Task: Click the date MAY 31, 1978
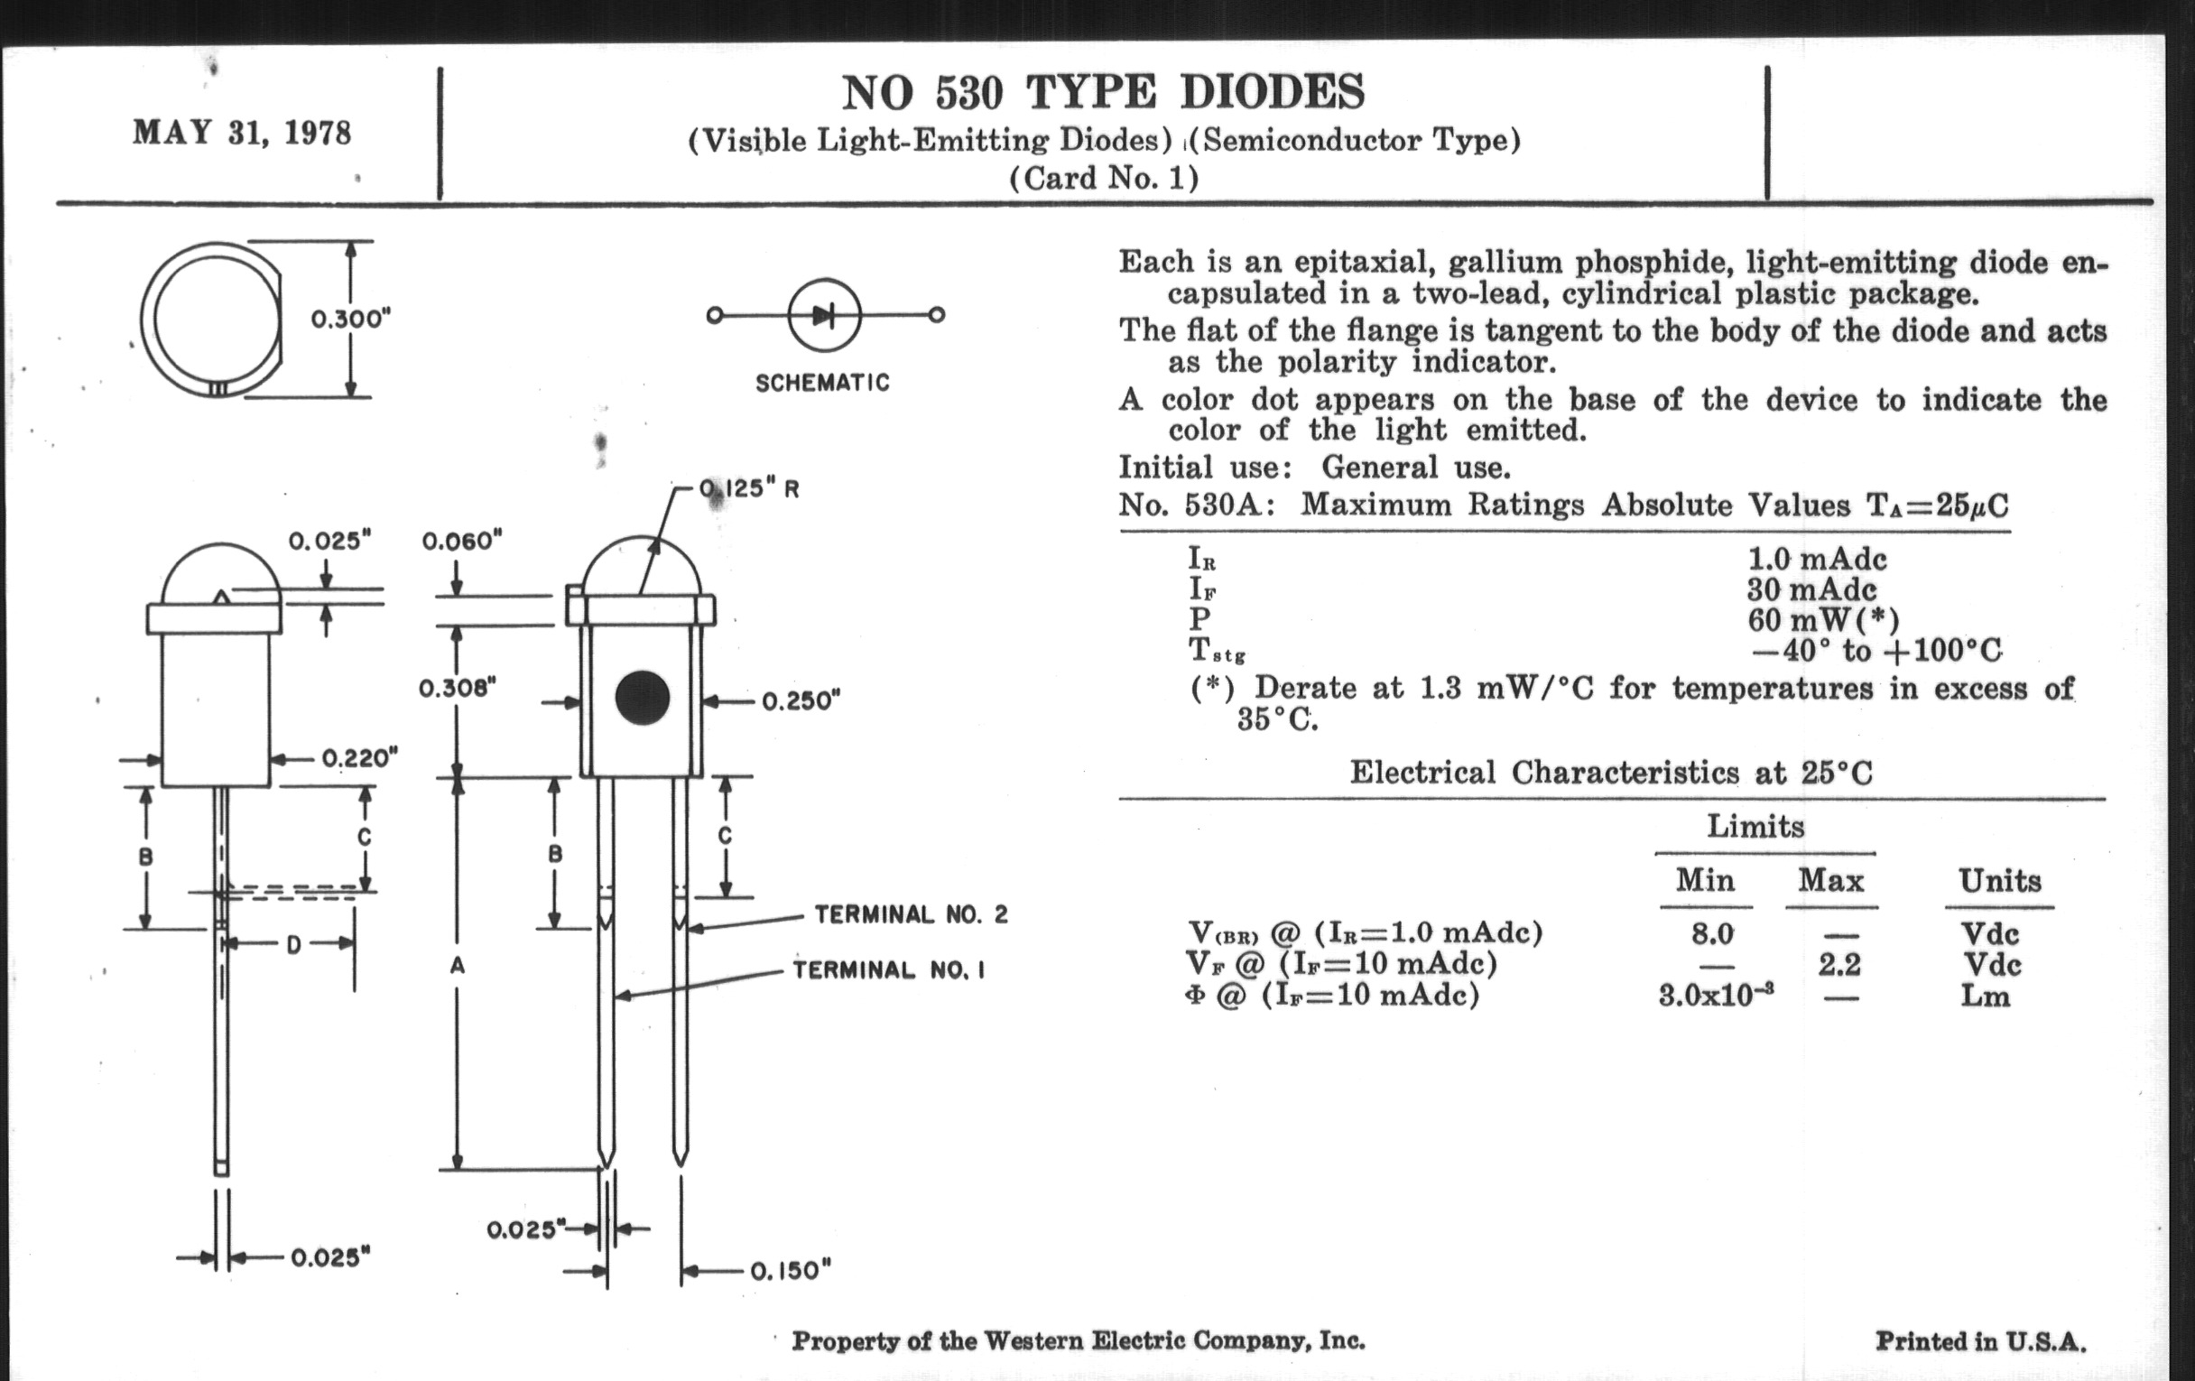(x=242, y=133)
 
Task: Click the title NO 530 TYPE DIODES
(x=1103, y=92)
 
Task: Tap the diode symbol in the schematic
(x=824, y=315)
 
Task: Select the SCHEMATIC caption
(x=822, y=383)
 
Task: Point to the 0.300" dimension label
(x=351, y=320)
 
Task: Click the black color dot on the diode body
(x=643, y=699)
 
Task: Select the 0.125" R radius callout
(x=749, y=489)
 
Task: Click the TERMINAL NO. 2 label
(x=911, y=914)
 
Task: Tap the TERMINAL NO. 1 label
(x=889, y=970)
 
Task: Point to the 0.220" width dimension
(x=360, y=758)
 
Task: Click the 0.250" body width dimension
(x=801, y=701)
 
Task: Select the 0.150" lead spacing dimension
(x=791, y=1270)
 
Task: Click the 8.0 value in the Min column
(x=1711, y=933)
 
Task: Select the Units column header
(x=2000, y=881)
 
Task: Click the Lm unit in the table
(x=1986, y=996)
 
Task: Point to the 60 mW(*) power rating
(x=1823, y=620)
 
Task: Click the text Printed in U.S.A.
(x=1980, y=1342)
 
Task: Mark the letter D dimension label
(x=293, y=945)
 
